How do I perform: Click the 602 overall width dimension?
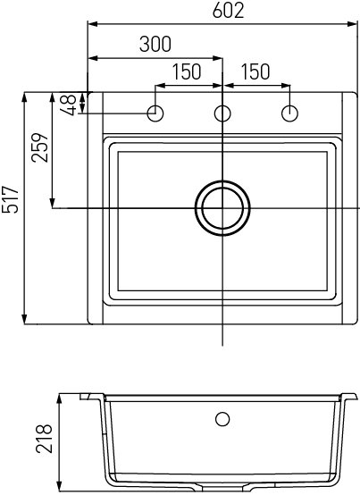point(222,12)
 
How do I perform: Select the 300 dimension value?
point(155,45)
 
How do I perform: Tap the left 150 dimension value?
point(186,72)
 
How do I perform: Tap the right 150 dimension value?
point(255,72)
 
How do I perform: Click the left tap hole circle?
point(155,113)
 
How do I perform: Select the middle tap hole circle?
point(222,113)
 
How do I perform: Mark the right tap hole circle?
point(289,113)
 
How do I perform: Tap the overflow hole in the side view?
point(222,417)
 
